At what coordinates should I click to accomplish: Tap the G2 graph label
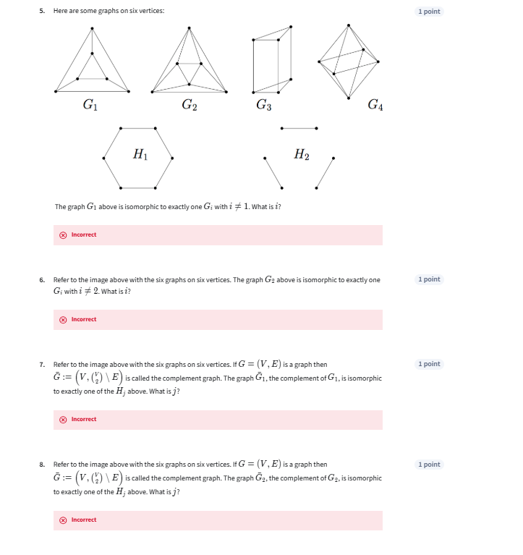pos(188,106)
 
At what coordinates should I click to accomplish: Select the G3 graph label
pos(264,106)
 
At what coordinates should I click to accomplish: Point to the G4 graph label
pos(375,106)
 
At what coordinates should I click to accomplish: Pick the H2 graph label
pos(302,154)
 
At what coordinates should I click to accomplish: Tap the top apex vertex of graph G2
pos(189,27)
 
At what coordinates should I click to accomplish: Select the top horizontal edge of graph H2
pos(299,128)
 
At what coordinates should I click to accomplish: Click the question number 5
pos(42,11)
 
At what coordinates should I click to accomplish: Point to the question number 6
pos(42,279)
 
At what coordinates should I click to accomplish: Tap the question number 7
pos(42,364)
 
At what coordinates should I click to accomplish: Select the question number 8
pos(42,465)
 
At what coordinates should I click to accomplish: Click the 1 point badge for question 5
pos(429,12)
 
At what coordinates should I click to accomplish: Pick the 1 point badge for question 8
pos(429,465)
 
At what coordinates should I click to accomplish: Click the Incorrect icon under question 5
pos(63,234)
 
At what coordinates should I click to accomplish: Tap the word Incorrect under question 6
pos(84,319)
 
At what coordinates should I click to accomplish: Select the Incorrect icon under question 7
pos(63,419)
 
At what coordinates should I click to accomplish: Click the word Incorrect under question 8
pos(84,520)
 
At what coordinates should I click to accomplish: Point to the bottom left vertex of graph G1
pos(55,91)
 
